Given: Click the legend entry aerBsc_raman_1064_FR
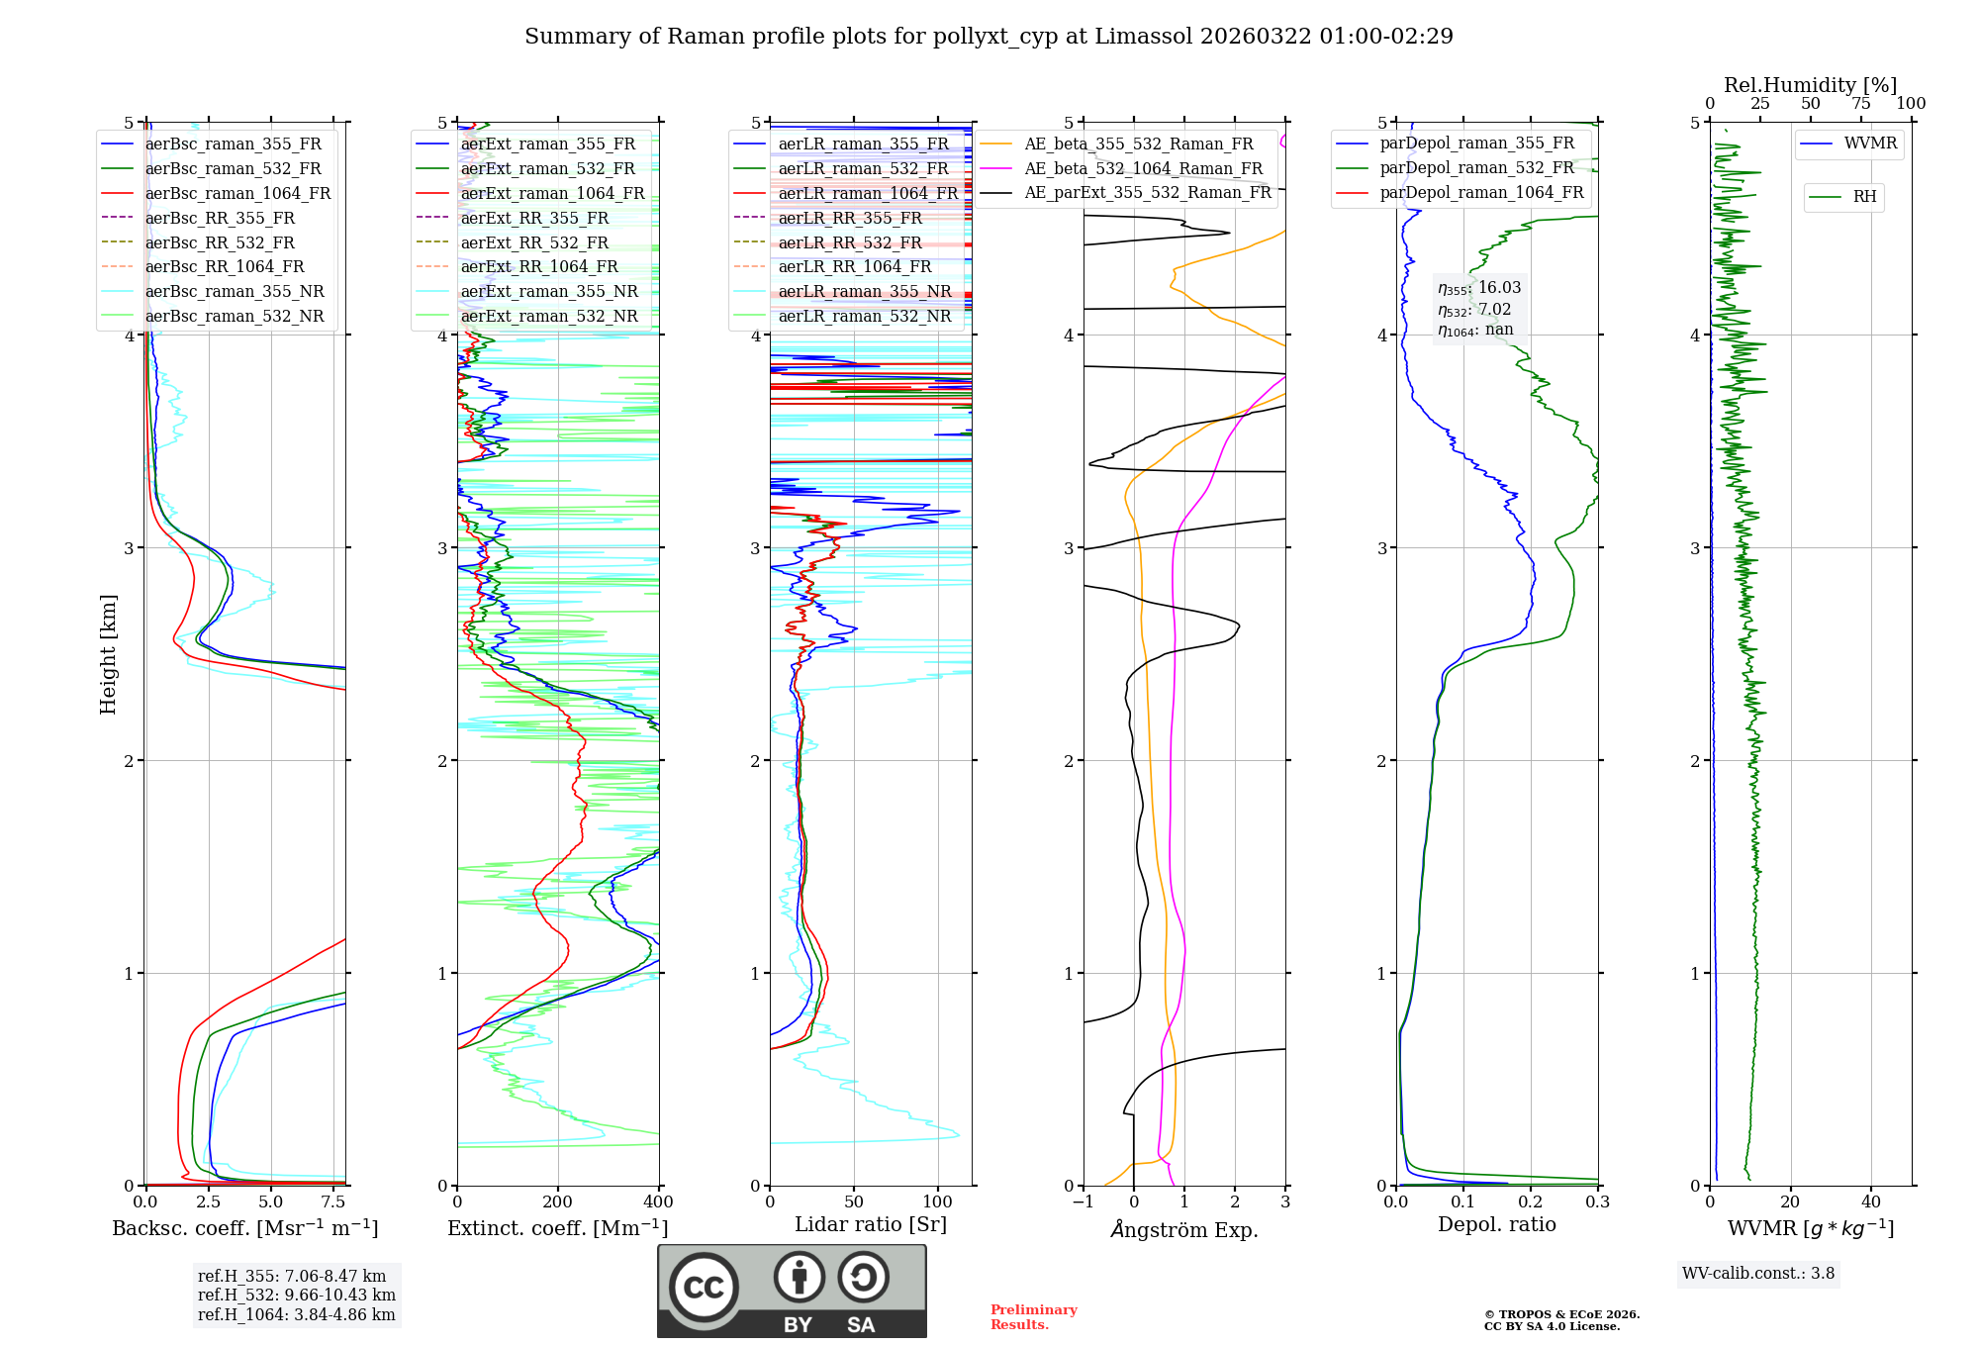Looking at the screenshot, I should [x=237, y=194].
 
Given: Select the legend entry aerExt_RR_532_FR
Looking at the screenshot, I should [x=534, y=242].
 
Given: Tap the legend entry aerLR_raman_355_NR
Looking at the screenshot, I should [x=864, y=292].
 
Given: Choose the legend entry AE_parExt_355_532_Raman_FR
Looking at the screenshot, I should [x=1148, y=193].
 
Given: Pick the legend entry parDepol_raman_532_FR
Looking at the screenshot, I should [x=1476, y=168].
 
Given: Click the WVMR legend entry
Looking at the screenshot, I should [x=1870, y=144].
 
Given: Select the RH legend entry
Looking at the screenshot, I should [x=1864, y=197].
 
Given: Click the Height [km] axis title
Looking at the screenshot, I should [x=108, y=654].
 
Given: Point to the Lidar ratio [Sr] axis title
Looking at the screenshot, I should [x=870, y=1224].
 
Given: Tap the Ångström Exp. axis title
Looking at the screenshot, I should [x=1184, y=1229].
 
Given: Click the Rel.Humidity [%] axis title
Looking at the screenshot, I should [x=1810, y=85].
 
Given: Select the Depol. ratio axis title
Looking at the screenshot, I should [x=1496, y=1224].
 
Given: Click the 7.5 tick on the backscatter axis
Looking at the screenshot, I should [x=333, y=1202].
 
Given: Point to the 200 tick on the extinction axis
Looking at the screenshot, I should [x=558, y=1202].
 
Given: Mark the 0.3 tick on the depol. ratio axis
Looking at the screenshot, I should [x=1597, y=1202].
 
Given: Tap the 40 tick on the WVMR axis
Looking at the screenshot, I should [x=1870, y=1202].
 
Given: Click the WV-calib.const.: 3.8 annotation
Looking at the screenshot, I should [x=1758, y=1274].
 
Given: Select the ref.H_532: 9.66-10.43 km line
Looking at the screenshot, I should [x=296, y=1296].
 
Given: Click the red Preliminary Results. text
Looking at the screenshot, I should [x=1033, y=1317].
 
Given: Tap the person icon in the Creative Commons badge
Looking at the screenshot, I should [x=800, y=1278].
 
